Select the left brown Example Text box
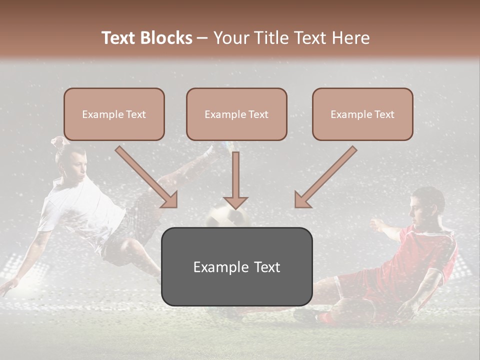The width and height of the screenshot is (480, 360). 114,114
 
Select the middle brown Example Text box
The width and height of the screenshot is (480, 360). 236,114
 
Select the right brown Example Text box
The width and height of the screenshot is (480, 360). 362,114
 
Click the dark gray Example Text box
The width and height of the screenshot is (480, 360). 236,266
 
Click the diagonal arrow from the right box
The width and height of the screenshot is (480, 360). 325,177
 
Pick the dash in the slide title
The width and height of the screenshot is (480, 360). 202,38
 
